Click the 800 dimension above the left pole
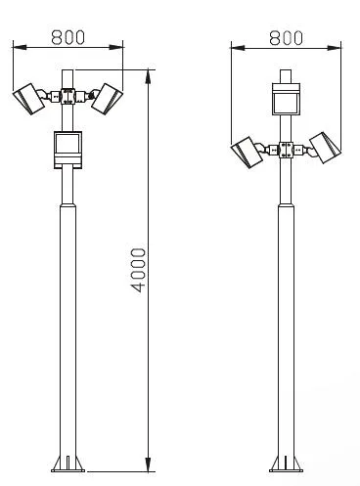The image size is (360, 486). point(68,37)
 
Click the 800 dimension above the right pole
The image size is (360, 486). point(286,38)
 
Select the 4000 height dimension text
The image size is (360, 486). point(138,270)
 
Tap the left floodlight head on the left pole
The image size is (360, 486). point(28,99)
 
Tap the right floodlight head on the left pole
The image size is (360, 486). point(107,99)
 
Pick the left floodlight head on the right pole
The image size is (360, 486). point(247,153)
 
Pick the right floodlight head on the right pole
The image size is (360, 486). point(325,148)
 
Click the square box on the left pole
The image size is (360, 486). point(67,150)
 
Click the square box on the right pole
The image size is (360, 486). point(286,99)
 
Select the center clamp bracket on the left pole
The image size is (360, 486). point(67,96)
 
